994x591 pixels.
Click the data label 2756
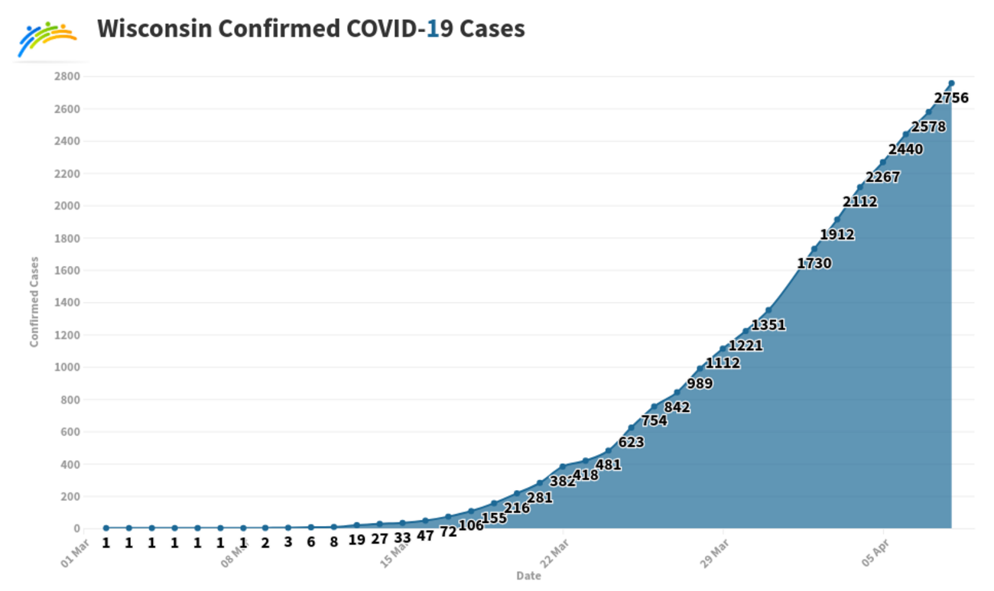[951, 98]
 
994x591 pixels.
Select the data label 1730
[814, 264]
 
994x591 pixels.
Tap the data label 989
[700, 384]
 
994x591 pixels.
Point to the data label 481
[609, 465]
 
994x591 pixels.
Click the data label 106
[471, 524]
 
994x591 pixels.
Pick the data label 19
[356, 540]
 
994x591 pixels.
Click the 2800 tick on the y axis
[67, 76]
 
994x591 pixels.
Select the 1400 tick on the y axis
[67, 303]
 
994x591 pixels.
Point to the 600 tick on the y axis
[70, 432]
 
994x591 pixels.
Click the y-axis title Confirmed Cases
[34, 301]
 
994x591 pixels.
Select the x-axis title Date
[528, 576]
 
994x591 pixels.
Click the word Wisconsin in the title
[154, 29]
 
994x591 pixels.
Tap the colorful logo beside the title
[47, 38]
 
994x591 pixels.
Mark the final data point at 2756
[951, 83]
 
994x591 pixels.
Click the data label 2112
[860, 203]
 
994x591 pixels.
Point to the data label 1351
[768, 326]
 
